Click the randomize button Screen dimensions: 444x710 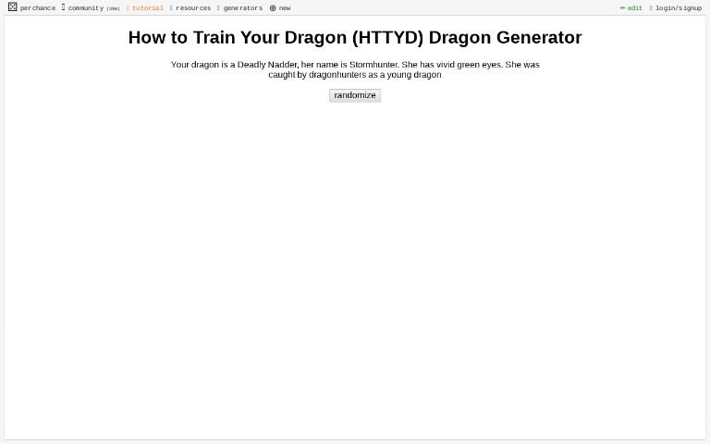[x=354, y=95]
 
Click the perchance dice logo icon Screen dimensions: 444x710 [x=12, y=7]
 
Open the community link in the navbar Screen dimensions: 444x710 [x=85, y=8]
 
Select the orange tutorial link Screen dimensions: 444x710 [x=147, y=8]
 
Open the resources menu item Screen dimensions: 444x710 [x=192, y=8]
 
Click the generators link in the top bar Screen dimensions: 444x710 [x=242, y=8]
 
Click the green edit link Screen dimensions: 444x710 [x=633, y=8]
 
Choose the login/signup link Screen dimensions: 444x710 [x=678, y=8]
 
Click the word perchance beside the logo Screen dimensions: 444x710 [x=38, y=8]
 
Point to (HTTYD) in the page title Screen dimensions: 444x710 [x=387, y=38]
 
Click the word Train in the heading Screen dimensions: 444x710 [x=215, y=38]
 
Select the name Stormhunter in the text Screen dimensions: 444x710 [x=373, y=65]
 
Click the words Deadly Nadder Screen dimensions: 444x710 [x=267, y=65]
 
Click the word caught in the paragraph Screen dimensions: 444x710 [x=281, y=75]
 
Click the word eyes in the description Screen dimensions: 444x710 [x=491, y=65]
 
